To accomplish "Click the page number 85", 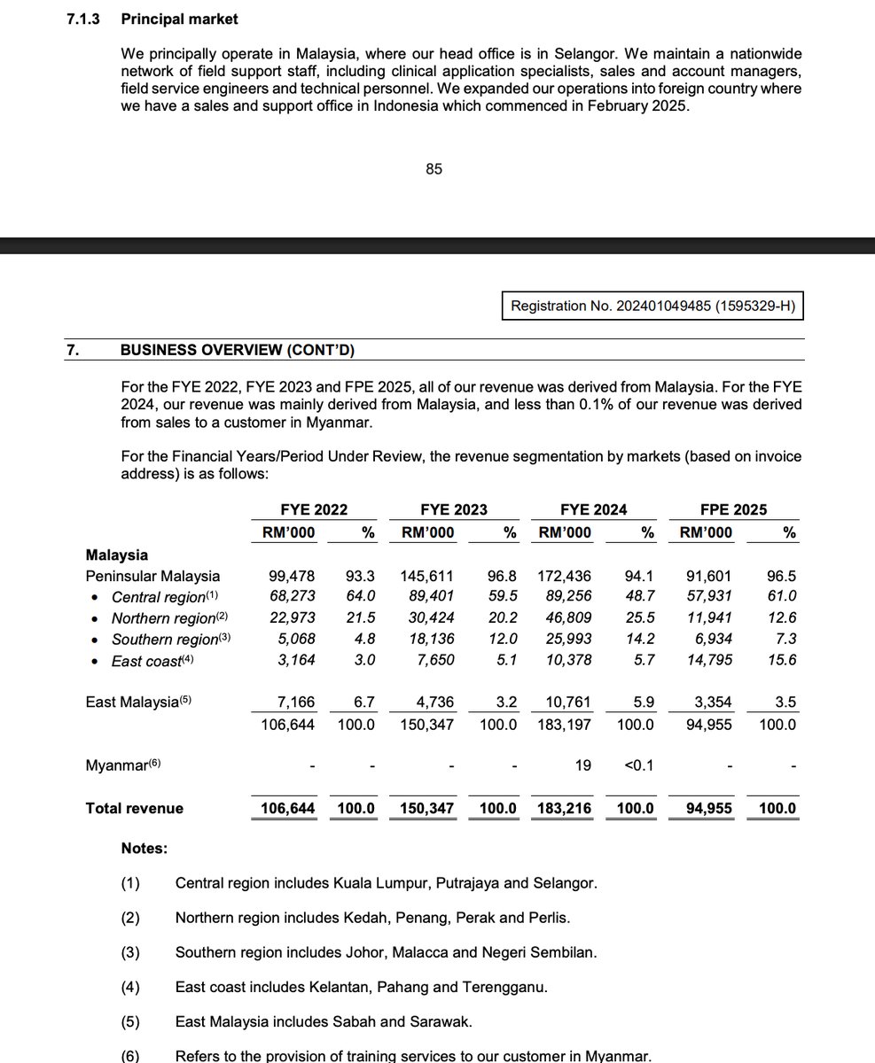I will click(434, 168).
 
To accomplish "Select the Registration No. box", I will click(653, 306).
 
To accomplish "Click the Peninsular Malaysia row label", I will click(152, 576).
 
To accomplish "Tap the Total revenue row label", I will click(135, 808).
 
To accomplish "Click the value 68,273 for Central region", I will click(292, 597).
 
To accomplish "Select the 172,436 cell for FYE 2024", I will click(565, 576).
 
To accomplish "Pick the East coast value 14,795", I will click(706, 661).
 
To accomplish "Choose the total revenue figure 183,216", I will click(565, 808).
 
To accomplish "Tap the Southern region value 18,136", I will click(428, 640).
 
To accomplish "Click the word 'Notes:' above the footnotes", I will click(145, 849).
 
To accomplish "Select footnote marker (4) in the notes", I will click(130, 987).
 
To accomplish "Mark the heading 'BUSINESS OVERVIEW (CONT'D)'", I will click(237, 350).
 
